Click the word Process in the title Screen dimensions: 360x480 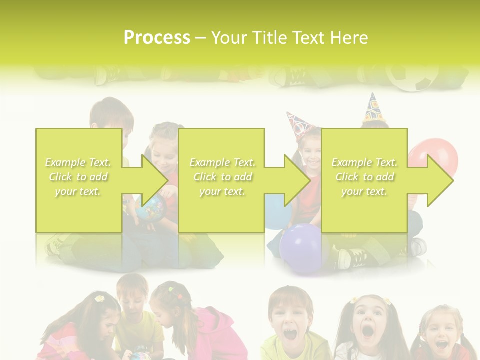[157, 38]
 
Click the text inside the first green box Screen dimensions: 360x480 [78, 177]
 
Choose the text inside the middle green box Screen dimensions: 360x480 [222, 177]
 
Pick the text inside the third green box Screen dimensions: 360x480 [364, 177]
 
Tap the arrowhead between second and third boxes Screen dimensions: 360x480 [297, 180]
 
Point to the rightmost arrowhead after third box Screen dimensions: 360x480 [440, 180]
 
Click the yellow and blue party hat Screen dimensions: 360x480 [372, 107]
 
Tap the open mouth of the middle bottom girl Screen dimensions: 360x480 [368, 330]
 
